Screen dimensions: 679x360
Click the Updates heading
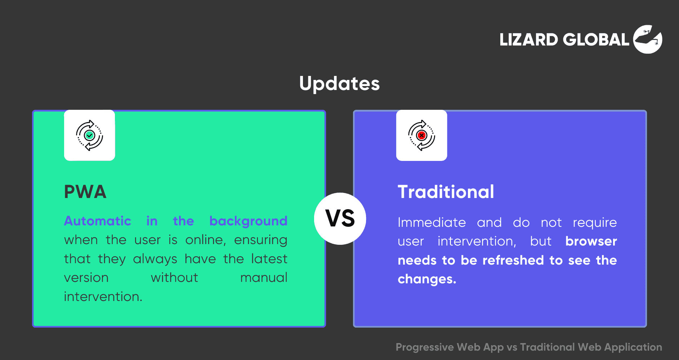(x=339, y=84)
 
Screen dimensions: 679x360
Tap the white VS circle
(x=340, y=219)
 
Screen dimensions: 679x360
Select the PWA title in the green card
(x=85, y=192)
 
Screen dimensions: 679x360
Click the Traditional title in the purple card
(x=446, y=192)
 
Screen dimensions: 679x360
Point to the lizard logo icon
(x=648, y=39)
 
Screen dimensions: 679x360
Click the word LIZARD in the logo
(x=528, y=40)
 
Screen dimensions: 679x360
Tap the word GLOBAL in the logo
(x=596, y=40)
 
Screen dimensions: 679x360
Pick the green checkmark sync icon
(x=89, y=135)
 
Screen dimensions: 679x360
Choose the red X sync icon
(x=421, y=135)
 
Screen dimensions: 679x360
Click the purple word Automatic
(x=98, y=221)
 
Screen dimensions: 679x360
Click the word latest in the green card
(x=269, y=259)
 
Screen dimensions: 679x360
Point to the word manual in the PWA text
(x=264, y=278)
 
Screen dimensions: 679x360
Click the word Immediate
(x=432, y=222)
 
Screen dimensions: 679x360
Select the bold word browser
(x=591, y=241)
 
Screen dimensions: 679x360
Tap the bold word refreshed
(x=513, y=260)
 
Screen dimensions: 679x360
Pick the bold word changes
(x=427, y=279)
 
